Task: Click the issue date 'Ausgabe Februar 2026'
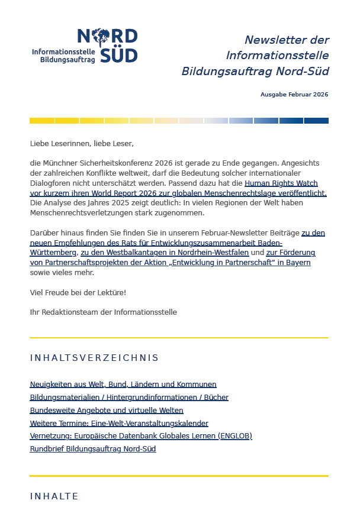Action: tap(294, 95)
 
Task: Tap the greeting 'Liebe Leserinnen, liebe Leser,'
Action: tap(82, 143)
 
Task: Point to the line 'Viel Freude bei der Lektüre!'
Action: tap(78, 292)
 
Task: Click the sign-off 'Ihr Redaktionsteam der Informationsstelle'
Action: tap(103, 312)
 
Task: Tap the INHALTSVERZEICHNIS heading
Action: tap(94, 358)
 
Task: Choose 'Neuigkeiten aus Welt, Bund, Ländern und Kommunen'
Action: tap(123, 385)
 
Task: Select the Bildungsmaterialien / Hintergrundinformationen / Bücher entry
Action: tap(128, 398)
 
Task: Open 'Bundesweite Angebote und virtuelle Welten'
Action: tap(106, 410)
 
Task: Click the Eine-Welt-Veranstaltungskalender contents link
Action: tap(118, 423)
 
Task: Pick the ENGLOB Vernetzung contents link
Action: tap(140, 436)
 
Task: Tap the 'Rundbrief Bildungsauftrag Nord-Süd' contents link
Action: tap(92, 449)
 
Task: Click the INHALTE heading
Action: tap(54, 496)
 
